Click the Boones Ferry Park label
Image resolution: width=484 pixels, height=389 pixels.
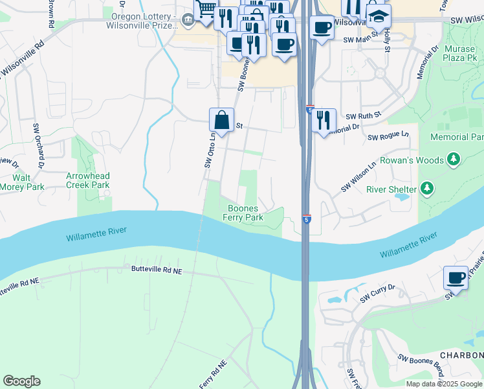pos(245,213)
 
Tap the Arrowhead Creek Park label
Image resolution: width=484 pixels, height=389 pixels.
pos(88,180)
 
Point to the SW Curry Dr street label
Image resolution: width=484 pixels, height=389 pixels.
pos(377,296)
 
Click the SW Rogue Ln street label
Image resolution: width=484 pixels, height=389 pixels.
pos(388,137)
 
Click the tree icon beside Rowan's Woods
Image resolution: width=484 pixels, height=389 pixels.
pos(454,159)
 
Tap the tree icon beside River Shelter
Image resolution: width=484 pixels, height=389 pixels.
pos(426,189)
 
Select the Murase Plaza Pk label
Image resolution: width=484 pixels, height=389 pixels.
pos(460,53)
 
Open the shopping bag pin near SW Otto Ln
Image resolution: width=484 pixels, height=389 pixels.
pos(221,120)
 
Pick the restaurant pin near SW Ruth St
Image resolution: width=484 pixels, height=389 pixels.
pos(324,120)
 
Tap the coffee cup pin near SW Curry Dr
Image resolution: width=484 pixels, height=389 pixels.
pos(456,278)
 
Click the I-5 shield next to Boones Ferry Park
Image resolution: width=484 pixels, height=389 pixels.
pos(306,220)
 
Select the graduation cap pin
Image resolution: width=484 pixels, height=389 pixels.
pos(379,14)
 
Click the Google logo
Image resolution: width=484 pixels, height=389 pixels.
pos(21,381)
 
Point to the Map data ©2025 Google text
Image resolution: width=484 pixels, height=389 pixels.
pos(443,384)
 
